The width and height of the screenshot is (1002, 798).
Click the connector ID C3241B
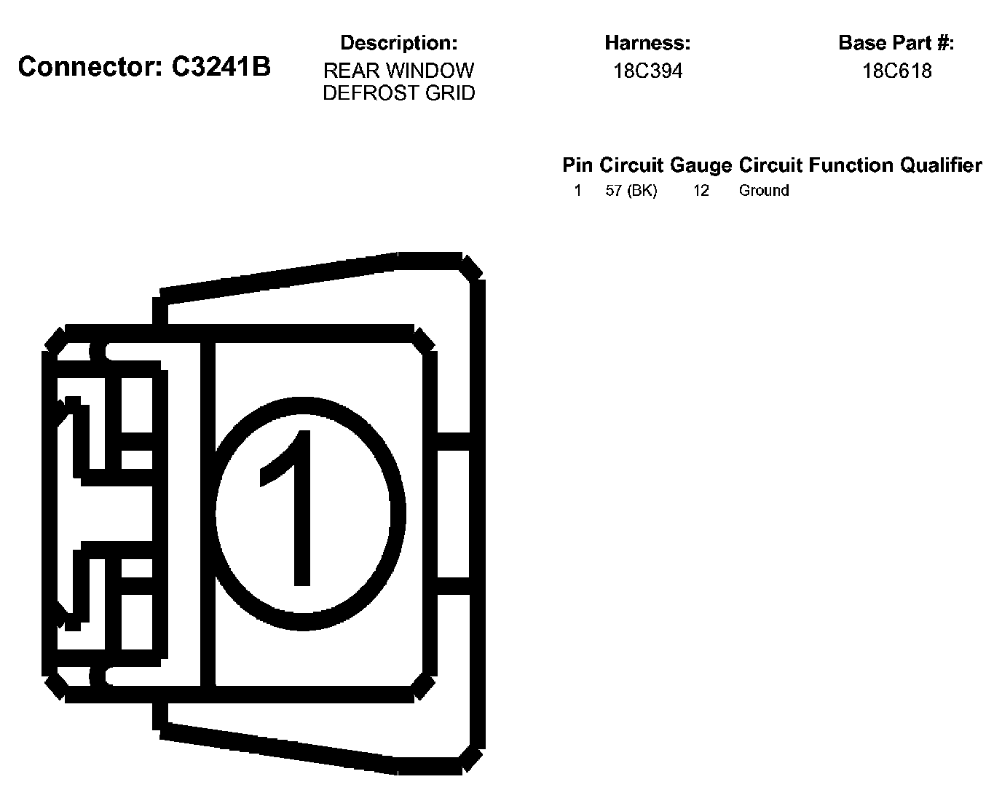[x=221, y=67]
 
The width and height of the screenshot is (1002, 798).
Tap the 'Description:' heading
[x=398, y=44]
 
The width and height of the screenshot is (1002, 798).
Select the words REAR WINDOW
[x=398, y=71]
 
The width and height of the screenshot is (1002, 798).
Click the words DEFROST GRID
[x=398, y=93]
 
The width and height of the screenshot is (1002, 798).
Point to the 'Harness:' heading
[x=647, y=44]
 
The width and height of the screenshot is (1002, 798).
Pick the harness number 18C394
[x=647, y=71]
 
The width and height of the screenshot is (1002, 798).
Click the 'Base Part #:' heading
[x=896, y=44]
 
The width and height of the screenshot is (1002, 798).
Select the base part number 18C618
[x=896, y=71]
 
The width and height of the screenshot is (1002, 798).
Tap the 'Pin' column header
[x=578, y=165]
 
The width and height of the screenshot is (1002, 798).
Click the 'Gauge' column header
[x=701, y=165]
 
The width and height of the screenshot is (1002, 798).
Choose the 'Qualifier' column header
[x=941, y=165]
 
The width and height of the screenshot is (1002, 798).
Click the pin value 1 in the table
[x=577, y=191]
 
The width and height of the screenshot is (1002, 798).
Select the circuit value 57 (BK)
[x=631, y=191]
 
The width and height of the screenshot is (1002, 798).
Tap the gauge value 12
[x=701, y=191]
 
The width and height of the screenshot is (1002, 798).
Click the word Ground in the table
[x=764, y=191]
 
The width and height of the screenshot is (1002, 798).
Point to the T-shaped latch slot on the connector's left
[x=109, y=513]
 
